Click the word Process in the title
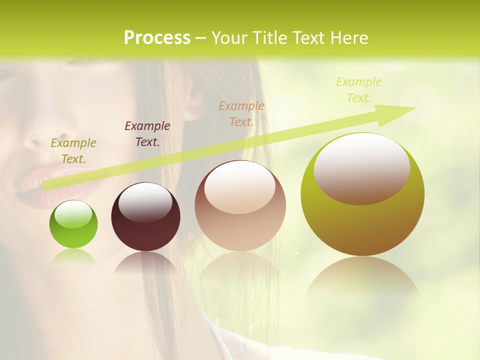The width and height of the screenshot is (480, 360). tap(157, 37)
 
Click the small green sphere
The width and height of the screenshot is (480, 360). tap(73, 224)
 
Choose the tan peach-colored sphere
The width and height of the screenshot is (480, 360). tap(240, 206)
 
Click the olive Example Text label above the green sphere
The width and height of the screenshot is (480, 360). tap(73, 151)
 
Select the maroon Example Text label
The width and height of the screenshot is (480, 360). tap(147, 133)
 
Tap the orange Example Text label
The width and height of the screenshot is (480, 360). tap(241, 113)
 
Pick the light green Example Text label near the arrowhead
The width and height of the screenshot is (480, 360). tap(358, 89)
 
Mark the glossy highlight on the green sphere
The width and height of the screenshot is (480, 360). tap(73, 214)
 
